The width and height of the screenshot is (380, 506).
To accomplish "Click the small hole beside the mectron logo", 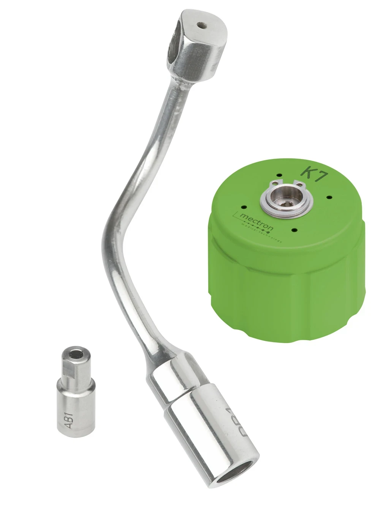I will click(x=244, y=207).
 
